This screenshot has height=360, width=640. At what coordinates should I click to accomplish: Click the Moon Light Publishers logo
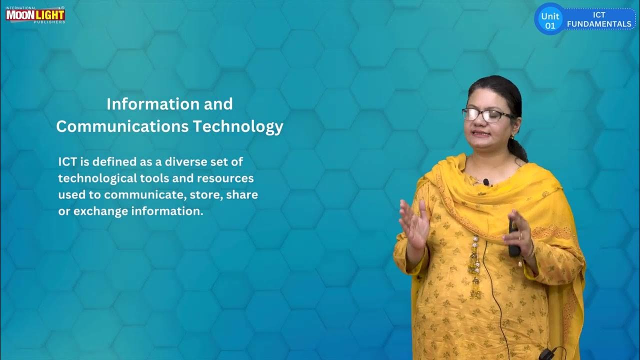pos(35,14)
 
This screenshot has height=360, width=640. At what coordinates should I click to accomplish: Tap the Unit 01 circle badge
pos(550,20)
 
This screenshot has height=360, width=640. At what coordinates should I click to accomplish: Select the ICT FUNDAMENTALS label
pos(599,19)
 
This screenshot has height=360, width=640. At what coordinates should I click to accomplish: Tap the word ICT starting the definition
pos(67,161)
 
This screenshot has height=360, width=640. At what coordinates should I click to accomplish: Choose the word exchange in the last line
pos(100,211)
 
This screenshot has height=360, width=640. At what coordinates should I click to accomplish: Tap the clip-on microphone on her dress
pos(486,182)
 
